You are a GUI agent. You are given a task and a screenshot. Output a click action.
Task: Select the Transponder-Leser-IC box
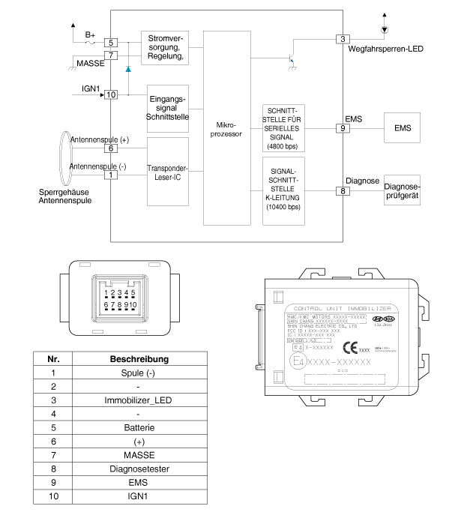click(x=167, y=174)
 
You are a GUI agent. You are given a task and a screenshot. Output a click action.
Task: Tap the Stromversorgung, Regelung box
click(x=163, y=48)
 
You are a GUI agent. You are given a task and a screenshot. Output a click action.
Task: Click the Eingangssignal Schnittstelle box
click(x=167, y=107)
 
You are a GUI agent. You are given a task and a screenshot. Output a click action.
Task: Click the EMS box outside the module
click(x=402, y=128)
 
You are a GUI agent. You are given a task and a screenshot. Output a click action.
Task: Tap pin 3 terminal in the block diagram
click(x=343, y=39)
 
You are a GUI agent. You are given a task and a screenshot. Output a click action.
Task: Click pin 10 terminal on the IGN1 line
click(x=111, y=94)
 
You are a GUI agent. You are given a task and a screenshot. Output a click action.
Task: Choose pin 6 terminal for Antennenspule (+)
click(x=111, y=148)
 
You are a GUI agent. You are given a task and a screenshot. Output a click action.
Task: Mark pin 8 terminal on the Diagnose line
click(x=343, y=192)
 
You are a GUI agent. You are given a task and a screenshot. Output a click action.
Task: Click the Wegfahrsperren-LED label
click(x=385, y=49)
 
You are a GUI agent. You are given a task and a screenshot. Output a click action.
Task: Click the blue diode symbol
click(x=128, y=69)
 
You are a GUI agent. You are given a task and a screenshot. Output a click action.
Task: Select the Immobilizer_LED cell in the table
click(x=139, y=400)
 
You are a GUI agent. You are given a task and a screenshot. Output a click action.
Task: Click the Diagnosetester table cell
click(x=139, y=469)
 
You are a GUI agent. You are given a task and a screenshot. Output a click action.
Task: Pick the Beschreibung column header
click(x=139, y=358)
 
